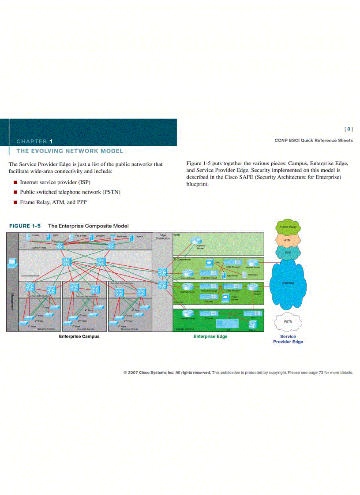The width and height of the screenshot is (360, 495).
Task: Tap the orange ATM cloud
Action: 288,240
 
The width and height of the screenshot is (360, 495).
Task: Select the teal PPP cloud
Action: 288,253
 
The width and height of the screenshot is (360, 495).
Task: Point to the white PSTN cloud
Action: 288,322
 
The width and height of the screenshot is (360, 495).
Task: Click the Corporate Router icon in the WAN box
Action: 196,241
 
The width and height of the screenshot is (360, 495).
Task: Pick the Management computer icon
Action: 12,262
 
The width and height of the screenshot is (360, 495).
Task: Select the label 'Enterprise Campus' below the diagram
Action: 79,336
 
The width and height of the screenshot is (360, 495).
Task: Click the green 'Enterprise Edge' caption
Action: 210,336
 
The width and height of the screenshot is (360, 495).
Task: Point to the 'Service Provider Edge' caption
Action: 288,339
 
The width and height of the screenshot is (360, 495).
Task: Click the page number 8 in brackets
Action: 349,129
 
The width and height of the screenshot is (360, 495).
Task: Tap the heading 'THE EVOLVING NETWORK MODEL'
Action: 70,151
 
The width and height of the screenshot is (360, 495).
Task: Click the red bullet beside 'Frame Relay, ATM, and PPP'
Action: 15,202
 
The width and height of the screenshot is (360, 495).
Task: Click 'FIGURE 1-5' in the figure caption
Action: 25,226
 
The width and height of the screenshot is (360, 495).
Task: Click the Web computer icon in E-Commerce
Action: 209,264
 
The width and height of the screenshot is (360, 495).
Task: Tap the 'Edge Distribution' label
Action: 162,237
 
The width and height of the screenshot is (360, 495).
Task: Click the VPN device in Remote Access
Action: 253,313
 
